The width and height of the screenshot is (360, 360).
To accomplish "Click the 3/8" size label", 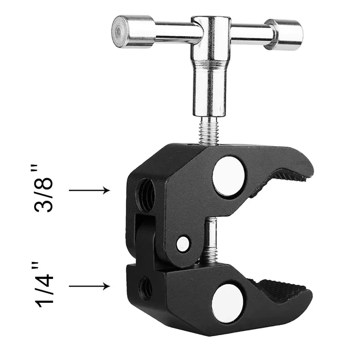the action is [x=44, y=188].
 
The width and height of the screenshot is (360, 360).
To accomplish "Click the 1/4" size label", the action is [x=44, y=284].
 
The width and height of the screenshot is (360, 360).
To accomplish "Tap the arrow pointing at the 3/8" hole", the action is [x=90, y=190].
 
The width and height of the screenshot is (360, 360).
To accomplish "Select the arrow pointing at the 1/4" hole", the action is [x=90, y=286].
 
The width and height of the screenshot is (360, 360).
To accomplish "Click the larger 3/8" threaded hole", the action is [x=145, y=195].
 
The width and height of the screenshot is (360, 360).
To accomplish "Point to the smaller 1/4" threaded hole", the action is [x=146, y=288].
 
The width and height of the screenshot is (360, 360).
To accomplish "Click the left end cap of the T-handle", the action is [x=133, y=31].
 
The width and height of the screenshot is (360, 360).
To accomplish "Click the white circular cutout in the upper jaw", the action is [x=229, y=176].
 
